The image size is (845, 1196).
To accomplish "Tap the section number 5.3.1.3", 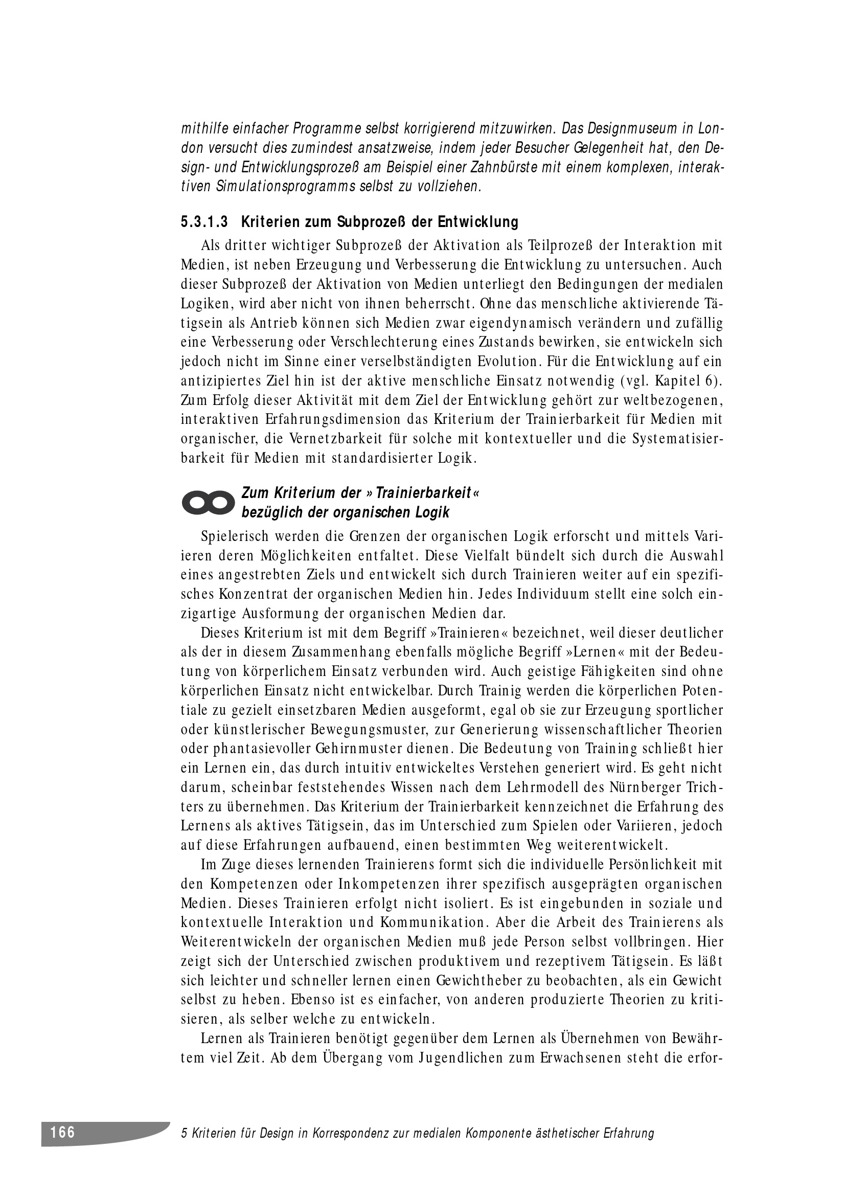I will click(204, 222).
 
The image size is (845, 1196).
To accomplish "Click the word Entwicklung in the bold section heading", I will click(478, 222).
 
